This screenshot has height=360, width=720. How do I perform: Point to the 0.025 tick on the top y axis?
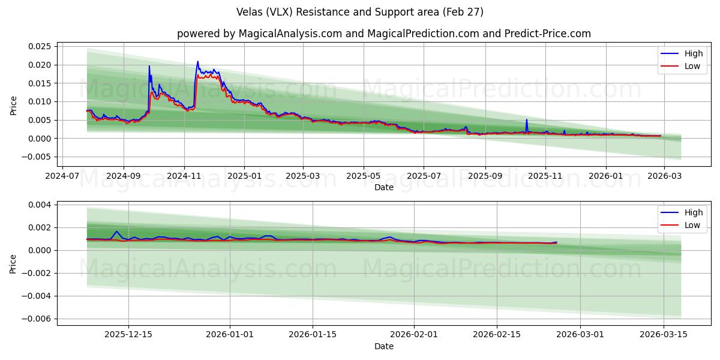(39, 46)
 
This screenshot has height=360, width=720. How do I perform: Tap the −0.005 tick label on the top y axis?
(37, 157)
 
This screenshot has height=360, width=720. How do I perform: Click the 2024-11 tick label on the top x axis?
(184, 177)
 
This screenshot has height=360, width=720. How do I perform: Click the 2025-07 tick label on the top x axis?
(424, 177)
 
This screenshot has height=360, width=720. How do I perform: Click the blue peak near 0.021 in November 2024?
(197, 61)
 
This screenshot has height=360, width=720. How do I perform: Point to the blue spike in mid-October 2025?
(527, 119)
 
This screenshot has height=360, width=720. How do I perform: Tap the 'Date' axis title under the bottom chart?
(383, 346)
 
